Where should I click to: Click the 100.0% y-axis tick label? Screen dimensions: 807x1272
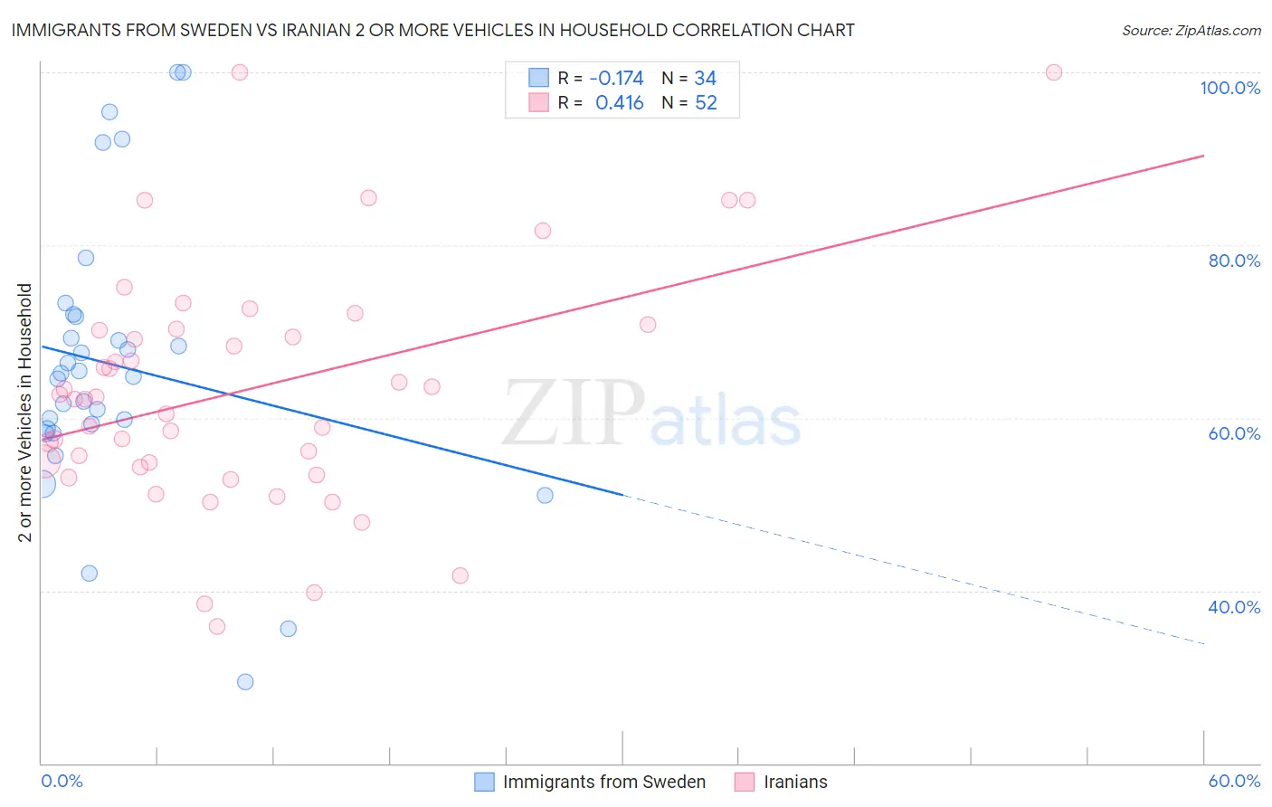(1229, 88)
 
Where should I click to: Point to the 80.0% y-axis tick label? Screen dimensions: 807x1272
(1234, 261)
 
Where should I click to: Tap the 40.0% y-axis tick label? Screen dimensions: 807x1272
(1234, 607)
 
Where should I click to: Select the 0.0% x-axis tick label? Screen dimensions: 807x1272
(62, 781)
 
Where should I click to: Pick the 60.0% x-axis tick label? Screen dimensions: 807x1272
(1234, 781)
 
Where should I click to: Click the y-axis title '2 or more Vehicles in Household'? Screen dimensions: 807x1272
(24, 413)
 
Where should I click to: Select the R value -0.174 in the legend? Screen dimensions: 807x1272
(616, 79)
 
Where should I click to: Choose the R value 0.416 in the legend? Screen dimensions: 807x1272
(619, 103)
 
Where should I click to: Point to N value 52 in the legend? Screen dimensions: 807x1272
(706, 103)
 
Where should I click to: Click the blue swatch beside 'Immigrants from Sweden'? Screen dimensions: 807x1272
(485, 782)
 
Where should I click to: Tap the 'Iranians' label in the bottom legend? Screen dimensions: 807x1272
(795, 782)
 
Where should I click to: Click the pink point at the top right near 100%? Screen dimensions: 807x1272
(1053, 72)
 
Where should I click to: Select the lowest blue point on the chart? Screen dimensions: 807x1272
(245, 682)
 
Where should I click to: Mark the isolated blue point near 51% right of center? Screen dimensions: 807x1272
(545, 495)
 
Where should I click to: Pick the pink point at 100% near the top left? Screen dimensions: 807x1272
(240, 72)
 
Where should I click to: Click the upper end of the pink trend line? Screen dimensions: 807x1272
(1203, 156)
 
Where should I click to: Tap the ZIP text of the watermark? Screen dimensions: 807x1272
(574, 413)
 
